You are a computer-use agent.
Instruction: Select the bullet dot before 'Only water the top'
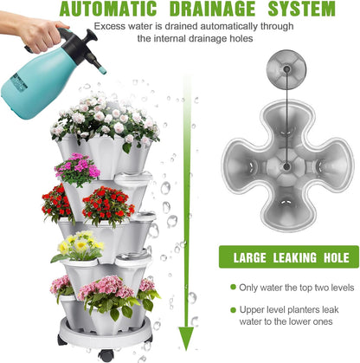click(233, 288)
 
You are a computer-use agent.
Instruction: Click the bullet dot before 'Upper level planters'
click(233, 310)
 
